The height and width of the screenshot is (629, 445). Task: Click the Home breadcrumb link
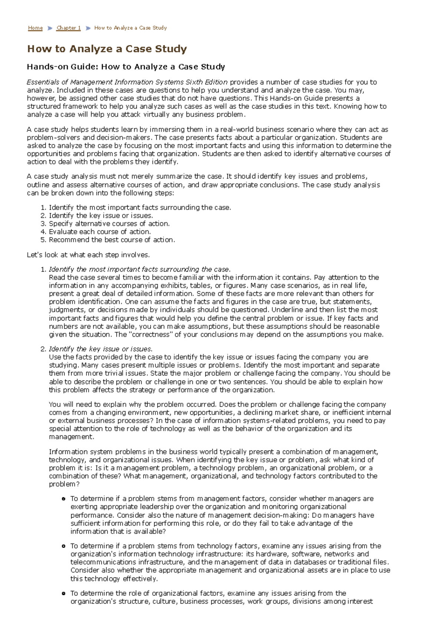(x=35, y=28)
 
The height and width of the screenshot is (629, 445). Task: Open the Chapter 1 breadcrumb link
(x=68, y=28)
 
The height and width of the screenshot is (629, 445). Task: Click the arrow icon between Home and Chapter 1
(x=50, y=28)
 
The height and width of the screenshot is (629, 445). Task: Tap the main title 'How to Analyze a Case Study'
(x=107, y=49)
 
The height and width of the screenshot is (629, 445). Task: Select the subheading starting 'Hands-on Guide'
(x=126, y=67)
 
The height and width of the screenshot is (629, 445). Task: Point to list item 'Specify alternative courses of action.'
(x=109, y=224)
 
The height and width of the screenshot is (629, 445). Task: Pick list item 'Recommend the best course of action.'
(x=112, y=240)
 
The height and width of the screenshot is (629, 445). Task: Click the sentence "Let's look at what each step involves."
(x=88, y=255)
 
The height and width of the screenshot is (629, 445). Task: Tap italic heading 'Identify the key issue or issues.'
(x=100, y=349)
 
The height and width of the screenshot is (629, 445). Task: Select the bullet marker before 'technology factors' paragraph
(x=63, y=546)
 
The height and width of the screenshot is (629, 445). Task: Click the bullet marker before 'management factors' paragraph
(x=63, y=499)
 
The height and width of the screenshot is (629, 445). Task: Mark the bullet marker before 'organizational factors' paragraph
(x=63, y=593)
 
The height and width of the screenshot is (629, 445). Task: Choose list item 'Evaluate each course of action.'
(x=100, y=232)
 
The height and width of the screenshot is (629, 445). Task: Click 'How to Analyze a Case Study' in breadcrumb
(x=130, y=28)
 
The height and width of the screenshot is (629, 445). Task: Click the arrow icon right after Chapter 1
(x=88, y=28)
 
